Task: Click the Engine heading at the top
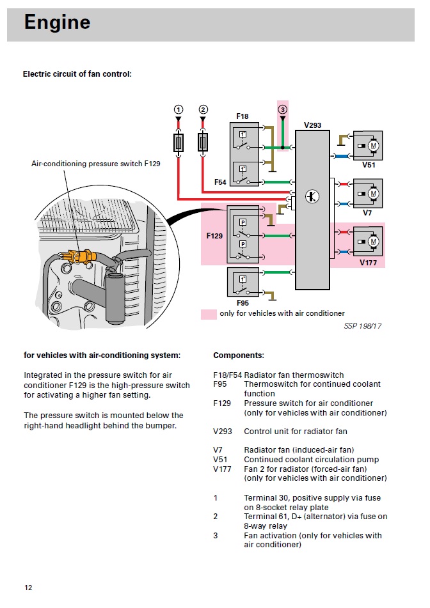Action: click(57, 23)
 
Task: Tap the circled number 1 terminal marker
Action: click(179, 109)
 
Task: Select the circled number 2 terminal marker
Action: click(203, 109)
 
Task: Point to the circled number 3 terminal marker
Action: click(283, 109)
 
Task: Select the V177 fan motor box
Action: click(368, 242)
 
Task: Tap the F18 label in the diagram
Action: click(243, 116)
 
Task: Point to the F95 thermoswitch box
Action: click(243, 282)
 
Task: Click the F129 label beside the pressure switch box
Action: click(214, 236)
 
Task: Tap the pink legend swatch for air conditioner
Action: click(209, 314)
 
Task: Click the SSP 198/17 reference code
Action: click(362, 326)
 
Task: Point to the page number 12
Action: click(28, 588)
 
